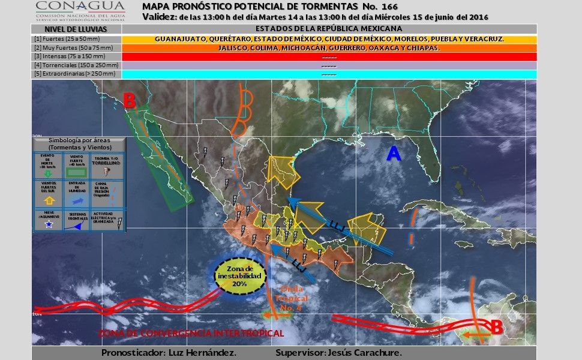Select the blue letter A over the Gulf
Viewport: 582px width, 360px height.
point(393,154)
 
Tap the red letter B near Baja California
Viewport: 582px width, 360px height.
point(129,101)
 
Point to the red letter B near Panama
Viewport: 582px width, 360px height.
point(496,327)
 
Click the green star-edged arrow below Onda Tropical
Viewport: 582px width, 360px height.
point(274,313)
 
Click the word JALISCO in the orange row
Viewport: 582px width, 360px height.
point(232,48)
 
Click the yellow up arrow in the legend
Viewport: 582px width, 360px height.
point(49,200)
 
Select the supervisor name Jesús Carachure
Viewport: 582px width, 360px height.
point(363,352)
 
